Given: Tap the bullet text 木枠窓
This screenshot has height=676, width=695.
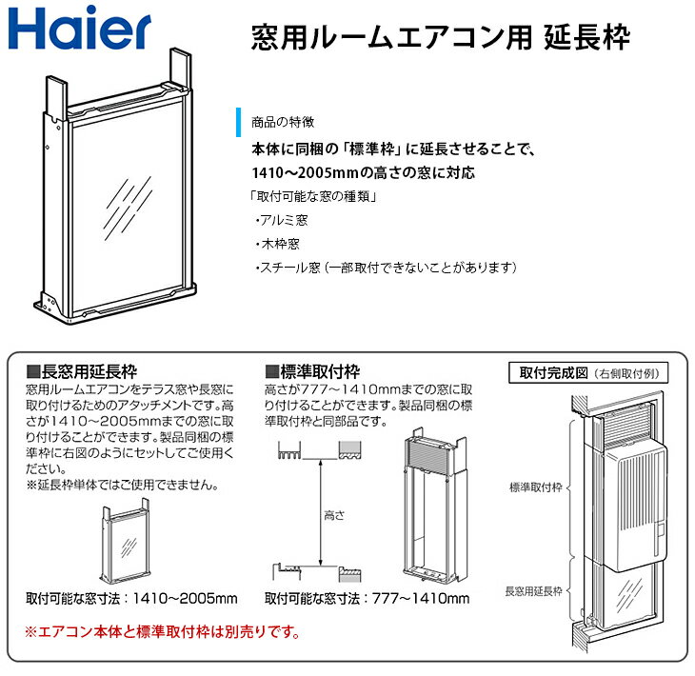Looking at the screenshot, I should coord(282,244).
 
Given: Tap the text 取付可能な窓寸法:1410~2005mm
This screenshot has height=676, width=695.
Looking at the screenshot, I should coord(131,598).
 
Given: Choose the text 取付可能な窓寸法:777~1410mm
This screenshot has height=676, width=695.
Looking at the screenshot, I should coord(367,598).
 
